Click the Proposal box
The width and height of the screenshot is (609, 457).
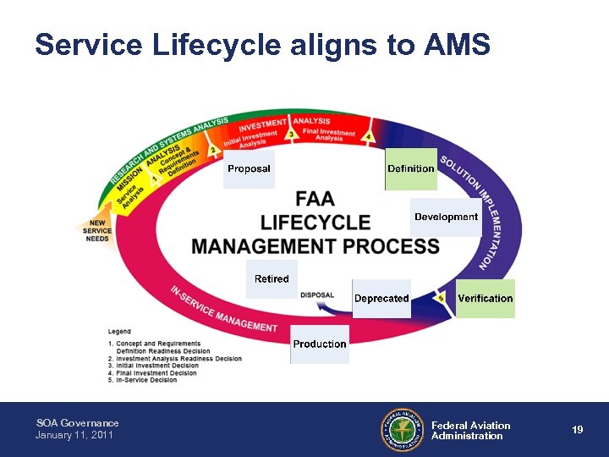point(249,168)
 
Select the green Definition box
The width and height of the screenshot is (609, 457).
point(411,168)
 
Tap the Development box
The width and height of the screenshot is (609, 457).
point(446,217)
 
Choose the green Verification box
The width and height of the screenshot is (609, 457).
point(485,298)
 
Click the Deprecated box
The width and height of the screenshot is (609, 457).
point(381,299)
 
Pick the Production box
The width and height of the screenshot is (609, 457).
point(319,344)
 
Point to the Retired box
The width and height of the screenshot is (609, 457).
point(272,279)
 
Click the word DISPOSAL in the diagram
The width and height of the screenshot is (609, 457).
point(317,295)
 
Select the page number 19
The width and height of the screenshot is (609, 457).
point(577,430)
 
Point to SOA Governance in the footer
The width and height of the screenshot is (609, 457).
point(77,422)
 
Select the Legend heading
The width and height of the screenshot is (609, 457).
point(119,330)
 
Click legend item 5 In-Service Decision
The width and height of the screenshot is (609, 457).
point(145,380)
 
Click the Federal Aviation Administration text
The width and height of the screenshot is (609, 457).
point(470,431)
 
